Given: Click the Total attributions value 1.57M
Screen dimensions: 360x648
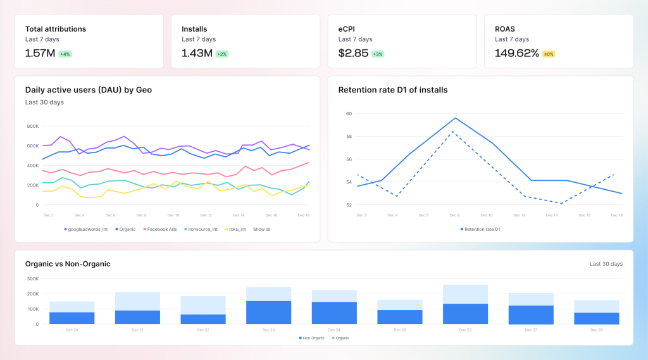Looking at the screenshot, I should (40, 53).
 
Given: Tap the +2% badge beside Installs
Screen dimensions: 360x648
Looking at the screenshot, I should (221, 54).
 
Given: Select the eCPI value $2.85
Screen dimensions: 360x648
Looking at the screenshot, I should (353, 53).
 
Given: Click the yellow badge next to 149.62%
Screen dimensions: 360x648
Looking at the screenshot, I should (548, 54).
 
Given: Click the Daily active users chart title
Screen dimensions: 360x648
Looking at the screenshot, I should (88, 90).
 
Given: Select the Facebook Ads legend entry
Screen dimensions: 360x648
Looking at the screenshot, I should (160, 229).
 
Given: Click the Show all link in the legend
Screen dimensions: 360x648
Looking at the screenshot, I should (261, 229).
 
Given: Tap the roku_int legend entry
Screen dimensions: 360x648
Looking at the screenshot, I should (234, 229).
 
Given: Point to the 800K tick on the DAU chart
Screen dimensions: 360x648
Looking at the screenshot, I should (32, 126).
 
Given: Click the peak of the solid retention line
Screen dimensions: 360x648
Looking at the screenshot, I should (455, 118).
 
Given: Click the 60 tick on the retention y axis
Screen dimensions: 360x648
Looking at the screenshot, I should (349, 114).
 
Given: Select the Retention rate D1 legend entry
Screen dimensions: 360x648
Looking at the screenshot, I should (480, 229).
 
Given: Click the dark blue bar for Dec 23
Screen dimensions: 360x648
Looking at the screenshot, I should (268, 313).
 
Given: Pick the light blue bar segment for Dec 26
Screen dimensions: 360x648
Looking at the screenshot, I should (465, 294).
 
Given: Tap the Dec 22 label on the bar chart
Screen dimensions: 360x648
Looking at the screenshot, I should (203, 330).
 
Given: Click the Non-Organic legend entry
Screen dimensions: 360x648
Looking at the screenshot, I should (312, 338).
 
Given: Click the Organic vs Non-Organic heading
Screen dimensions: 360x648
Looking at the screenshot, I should (68, 264).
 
